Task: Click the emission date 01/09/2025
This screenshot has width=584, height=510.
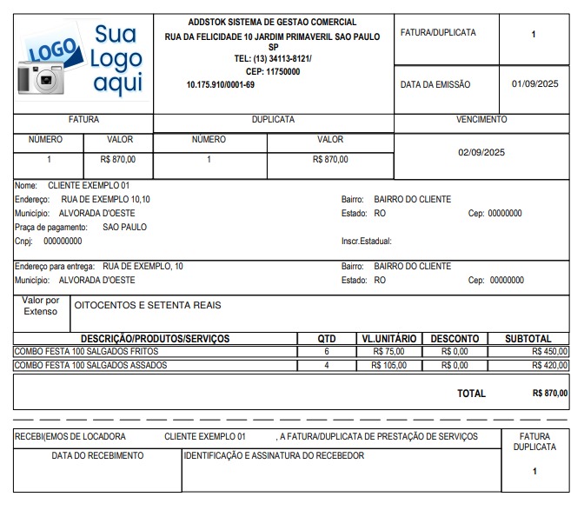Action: click(x=534, y=84)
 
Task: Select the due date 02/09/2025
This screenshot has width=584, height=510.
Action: click(x=481, y=152)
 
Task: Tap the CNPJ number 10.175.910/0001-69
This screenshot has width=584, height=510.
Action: click(x=221, y=84)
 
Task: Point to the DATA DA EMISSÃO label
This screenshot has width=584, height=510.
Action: click(x=435, y=85)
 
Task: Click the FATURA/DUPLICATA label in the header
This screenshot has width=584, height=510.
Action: click(x=438, y=33)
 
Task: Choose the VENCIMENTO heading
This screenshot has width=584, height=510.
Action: click(x=481, y=120)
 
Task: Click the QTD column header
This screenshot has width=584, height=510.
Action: click(x=327, y=338)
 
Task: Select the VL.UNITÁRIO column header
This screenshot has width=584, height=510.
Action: click(x=389, y=338)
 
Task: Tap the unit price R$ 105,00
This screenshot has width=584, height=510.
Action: click(x=388, y=365)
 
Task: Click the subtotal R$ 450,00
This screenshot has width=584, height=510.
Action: click(x=550, y=352)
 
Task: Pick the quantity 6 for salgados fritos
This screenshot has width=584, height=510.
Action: click(x=327, y=352)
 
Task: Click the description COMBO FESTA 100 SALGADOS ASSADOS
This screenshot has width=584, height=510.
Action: click(x=90, y=365)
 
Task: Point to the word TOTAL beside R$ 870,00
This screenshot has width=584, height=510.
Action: click(x=471, y=394)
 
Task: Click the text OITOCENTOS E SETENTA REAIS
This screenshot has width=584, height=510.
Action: click(x=149, y=305)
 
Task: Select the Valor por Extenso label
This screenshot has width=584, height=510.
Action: click(x=41, y=306)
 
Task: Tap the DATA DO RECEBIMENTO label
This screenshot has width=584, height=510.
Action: click(x=97, y=455)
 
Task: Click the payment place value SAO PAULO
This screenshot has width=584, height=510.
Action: click(x=124, y=227)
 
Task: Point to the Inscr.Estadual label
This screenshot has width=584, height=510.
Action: click(x=366, y=241)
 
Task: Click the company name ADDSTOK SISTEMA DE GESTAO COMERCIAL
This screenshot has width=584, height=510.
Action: click(x=272, y=22)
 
